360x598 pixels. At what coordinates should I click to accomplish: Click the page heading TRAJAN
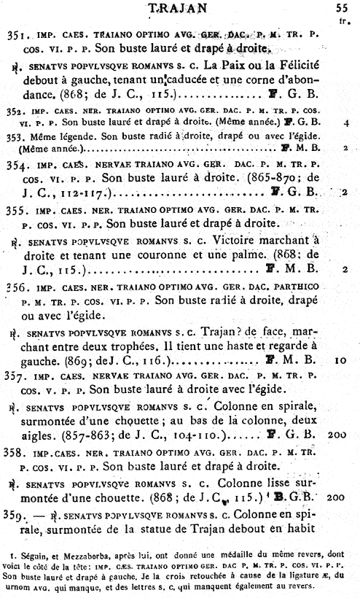(179, 8)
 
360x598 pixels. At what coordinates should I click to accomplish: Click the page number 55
(343, 9)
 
